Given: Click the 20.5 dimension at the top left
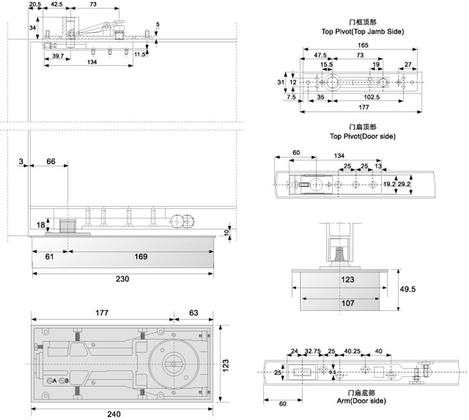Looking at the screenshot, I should point(35,5).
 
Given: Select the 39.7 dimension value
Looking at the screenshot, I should point(58,57).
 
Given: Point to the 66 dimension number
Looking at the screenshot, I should point(51,161).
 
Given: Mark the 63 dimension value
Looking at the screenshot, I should point(193,312).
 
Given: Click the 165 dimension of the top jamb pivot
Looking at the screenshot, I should point(362,45).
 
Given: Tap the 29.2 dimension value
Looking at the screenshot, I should point(403,183).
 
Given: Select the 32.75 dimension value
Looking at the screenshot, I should point(312,351).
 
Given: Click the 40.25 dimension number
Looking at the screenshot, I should point(352,351).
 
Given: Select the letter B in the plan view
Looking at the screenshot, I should point(66,381).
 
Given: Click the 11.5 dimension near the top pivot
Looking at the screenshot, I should point(139,54).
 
